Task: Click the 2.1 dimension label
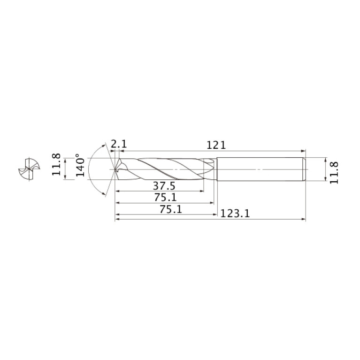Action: [x=119, y=144]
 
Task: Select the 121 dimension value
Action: [x=216, y=145]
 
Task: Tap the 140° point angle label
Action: [x=80, y=165]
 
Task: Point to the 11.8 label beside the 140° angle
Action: [x=56, y=164]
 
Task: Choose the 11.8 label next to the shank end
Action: [x=334, y=172]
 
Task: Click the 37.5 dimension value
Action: [x=164, y=186]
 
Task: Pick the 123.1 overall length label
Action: [x=235, y=214]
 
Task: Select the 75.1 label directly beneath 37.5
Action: [x=165, y=197]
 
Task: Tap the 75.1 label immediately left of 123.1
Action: [x=170, y=209]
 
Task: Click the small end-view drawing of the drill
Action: [x=29, y=169]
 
